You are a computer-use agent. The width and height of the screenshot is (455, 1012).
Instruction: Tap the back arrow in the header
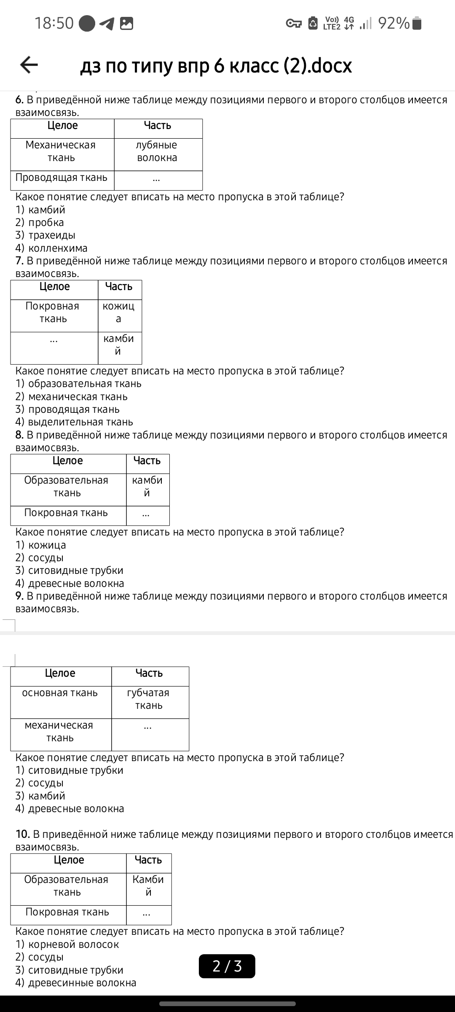pos(29,65)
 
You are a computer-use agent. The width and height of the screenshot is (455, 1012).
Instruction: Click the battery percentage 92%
pos(393,23)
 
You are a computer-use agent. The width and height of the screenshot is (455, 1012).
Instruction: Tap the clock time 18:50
pos(54,23)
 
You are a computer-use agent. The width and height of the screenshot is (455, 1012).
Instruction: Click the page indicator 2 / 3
pos(227,966)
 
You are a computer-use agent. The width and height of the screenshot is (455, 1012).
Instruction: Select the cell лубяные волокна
pos(157,151)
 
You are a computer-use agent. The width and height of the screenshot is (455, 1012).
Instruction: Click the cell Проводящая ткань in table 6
pos(62,178)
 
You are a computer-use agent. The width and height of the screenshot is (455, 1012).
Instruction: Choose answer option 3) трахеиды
pos(45,235)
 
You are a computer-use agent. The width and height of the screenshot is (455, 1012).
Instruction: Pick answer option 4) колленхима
pos(51,248)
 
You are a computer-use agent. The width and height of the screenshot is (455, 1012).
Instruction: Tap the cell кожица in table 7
pos(119,312)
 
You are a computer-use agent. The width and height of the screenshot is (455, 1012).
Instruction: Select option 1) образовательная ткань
pos(78,384)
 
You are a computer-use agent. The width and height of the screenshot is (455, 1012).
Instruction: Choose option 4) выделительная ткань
pos(74,422)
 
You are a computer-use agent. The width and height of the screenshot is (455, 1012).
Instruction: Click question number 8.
pos(19,435)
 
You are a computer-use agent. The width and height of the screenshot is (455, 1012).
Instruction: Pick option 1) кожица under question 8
pos(41,545)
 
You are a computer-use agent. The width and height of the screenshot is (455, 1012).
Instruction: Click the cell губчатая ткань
pos(148,699)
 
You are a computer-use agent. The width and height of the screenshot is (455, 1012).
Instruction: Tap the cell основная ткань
pos(60,693)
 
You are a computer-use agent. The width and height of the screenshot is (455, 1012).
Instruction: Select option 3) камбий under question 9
pos(40,796)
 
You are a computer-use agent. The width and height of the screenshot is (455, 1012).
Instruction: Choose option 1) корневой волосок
pos(67,945)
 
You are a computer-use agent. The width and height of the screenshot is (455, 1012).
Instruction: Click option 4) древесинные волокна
pos(76,983)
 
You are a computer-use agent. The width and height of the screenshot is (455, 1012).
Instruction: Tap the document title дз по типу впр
pos(216,66)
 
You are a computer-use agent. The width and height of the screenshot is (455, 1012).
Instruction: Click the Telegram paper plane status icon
pos(107,24)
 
